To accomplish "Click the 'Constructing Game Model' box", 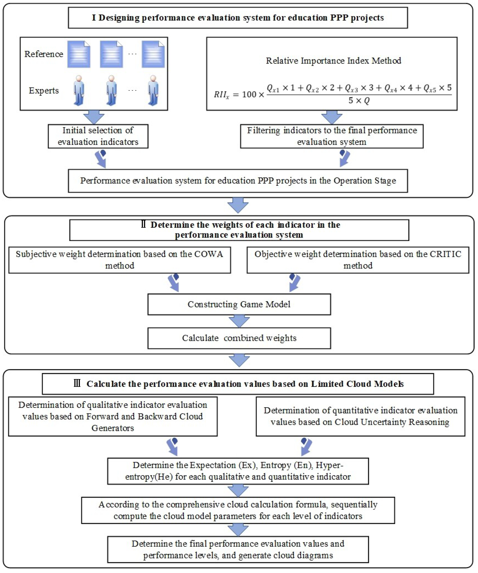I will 239,304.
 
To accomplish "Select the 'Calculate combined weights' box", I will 239,338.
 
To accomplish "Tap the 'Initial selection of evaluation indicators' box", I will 98,136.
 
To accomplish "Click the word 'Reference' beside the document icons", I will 44,54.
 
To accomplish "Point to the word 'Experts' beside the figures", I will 44,90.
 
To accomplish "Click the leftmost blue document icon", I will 79,54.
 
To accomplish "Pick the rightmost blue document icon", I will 153,54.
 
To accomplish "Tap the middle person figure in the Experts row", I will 111,90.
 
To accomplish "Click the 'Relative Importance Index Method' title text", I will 334,61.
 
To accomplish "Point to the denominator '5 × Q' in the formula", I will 359,101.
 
